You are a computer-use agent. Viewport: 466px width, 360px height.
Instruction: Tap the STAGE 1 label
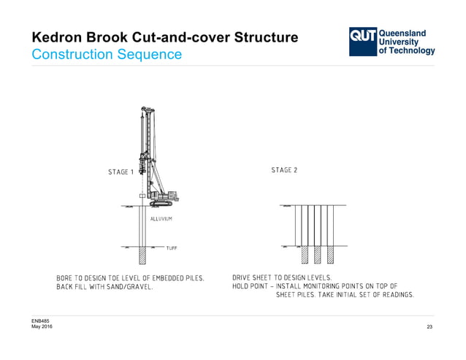click(x=121, y=172)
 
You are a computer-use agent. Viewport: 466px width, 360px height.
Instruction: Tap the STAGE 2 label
click(x=284, y=170)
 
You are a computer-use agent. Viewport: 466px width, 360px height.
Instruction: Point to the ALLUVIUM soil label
click(x=161, y=219)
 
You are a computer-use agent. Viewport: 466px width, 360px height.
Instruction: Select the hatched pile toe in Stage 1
click(x=142, y=255)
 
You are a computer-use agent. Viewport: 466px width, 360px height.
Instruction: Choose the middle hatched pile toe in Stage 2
click(x=316, y=254)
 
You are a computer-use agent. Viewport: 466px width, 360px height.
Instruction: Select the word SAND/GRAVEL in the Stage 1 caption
click(x=129, y=287)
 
